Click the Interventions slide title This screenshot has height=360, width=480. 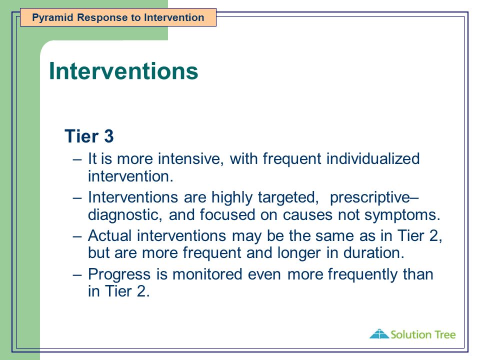pos(123,71)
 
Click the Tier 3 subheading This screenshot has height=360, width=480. pos(89,136)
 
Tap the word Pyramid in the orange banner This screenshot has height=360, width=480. pos(52,18)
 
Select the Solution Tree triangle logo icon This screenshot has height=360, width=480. pos(379,334)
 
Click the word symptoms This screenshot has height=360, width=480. pos(402,215)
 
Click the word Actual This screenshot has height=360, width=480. pos(109,235)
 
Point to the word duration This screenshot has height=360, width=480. pos(374,253)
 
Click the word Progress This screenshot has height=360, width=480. pos(119,274)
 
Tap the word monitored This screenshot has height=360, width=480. pos(207,274)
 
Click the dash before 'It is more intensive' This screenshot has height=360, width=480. pos(77,159)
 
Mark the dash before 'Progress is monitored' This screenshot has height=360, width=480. pos(77,274)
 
